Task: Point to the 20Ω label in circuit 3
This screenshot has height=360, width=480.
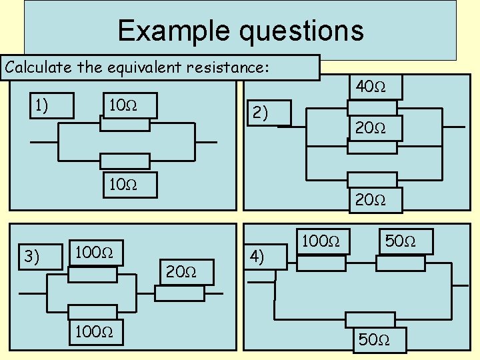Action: tap(181, 271)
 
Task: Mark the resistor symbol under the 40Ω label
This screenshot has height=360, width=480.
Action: tap(372, 108)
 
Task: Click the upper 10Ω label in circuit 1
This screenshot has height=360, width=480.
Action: tap(124, 105)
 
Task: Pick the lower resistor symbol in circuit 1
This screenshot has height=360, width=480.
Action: tap(125, 161)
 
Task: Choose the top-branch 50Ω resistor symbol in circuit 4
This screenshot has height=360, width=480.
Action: tap(400, 263)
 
